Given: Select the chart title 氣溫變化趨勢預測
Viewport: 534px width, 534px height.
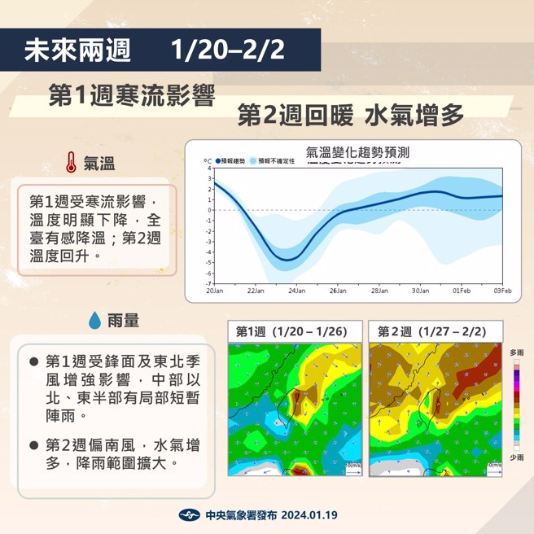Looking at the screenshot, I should [x=357, y=152].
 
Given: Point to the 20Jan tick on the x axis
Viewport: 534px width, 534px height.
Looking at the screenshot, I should [x=214, y=290].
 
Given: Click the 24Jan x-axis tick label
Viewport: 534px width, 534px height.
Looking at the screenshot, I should [x=296, y=290].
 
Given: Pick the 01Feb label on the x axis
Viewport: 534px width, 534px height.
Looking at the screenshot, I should [x=462, y=290].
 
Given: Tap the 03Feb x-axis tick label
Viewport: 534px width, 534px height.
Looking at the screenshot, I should [x=502, y=290].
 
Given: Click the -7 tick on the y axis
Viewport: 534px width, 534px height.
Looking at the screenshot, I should [x=209, y=283].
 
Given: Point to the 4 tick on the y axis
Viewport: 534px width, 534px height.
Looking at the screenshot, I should [x=209, y=168].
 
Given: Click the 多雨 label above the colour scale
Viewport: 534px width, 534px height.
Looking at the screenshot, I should [x=516, y=352].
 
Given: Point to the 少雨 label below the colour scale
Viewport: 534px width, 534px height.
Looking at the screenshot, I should [x=516, y=457].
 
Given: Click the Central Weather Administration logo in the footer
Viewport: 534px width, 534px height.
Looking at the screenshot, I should [x=189, y=515].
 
